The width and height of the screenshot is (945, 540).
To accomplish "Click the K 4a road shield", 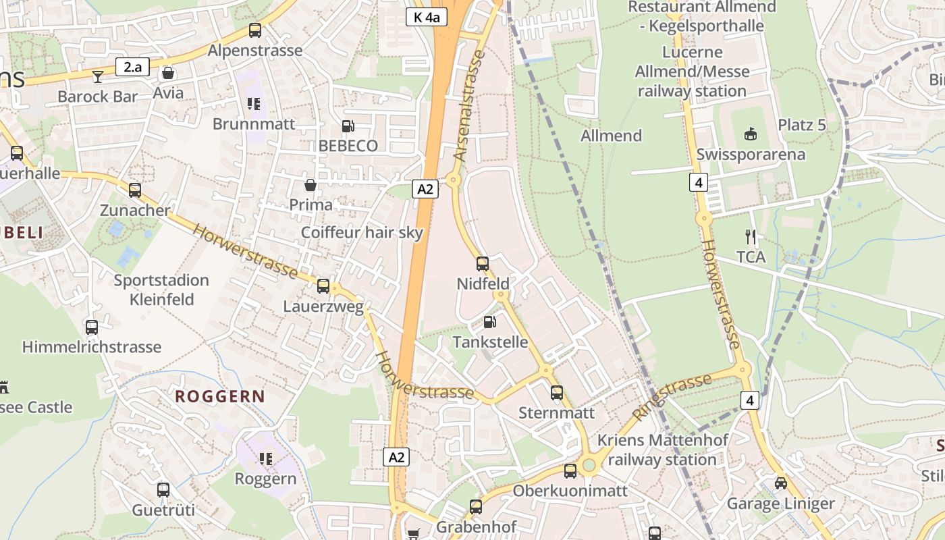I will pyautogui.click(x=427, y=17).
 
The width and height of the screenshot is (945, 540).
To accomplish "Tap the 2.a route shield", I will pyautogui.click(x=132, y=67).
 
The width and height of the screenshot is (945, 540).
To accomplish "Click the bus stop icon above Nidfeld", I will pyautogui.click(x=483, y=264).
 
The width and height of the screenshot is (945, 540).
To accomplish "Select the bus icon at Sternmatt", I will pyautogui.click(x=557, y=393).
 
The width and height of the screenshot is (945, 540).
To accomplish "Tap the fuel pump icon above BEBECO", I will pyautogui.click(x=348, y=126).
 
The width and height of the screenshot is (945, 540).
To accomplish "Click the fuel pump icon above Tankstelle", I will pyautogui.click(x=490, y=323).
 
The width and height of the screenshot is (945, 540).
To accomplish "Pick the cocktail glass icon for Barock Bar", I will pyautogui.click(x=98, y=76).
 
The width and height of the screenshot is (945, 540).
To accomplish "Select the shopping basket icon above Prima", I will pyautogui.click(x=310, y=185).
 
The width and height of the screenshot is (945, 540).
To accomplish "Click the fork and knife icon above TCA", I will pyautogui.click(x=751, y=237).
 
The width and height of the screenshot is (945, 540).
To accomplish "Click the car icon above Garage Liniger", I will pyautogui.click(x=780, y=483).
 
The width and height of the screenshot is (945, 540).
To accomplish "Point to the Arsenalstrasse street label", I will pyautogui.click(x=470, y=108).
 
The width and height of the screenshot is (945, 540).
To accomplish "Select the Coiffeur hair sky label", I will pyautogui.click(x=362, y=233).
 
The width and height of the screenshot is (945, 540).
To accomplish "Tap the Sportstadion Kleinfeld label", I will pyautogui.click(x=161, y=290).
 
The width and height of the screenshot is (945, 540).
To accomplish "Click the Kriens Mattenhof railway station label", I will pyautogui.click(x=662, y=450).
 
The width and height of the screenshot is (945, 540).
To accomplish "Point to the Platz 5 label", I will pyautogui.click(x=802, y=125).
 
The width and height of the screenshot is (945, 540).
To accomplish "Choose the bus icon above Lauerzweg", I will pyautogui.click(x=323, y=286).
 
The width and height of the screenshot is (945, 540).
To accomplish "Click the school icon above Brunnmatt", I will pyautogui.click(x=254, y=104).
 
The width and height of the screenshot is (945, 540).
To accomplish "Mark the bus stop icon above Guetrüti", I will pyautogui.click(x=163, y=490).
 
